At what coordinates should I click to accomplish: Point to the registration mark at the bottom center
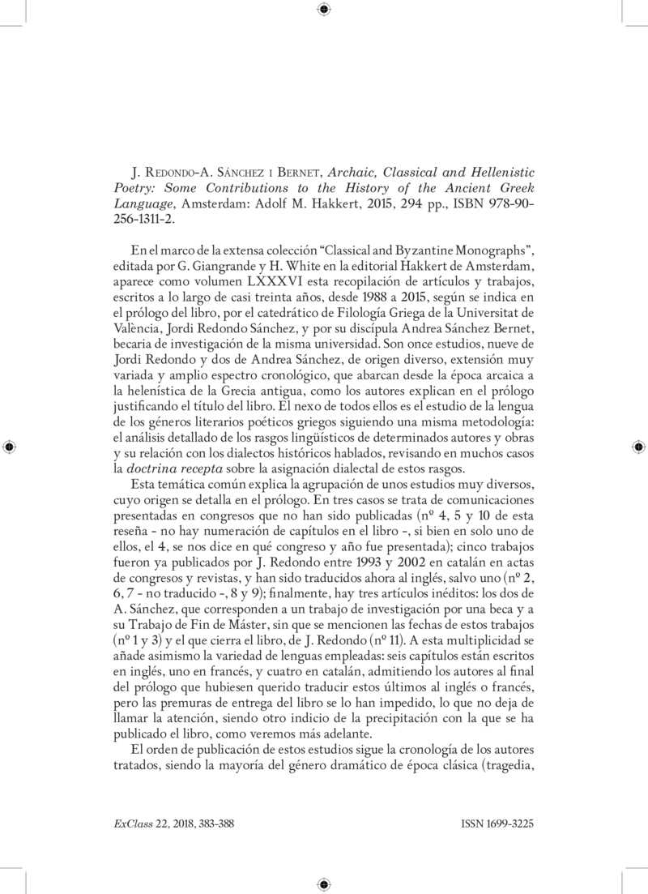click(324, 884)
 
